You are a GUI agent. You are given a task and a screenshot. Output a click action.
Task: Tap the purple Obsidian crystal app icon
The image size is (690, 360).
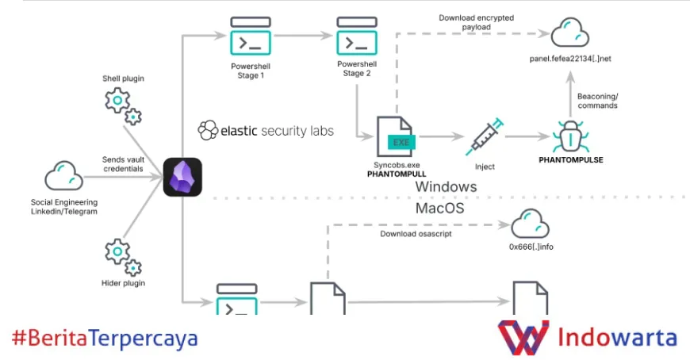coord(182,177)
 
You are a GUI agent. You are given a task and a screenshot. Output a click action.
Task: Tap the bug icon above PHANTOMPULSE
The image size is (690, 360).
coord(570,136)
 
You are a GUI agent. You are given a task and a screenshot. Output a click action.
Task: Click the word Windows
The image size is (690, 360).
coord(447,187)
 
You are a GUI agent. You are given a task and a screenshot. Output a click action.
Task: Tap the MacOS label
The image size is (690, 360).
coord(440,209)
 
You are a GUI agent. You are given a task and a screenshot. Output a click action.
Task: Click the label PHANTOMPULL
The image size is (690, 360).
coord(394,173)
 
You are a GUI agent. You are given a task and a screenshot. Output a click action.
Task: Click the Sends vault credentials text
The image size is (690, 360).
coord(123,164)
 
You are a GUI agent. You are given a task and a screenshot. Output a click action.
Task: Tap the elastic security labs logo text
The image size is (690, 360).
coord(266,130)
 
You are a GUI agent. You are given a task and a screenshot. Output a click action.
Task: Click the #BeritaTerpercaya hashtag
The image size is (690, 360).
coord(105,339)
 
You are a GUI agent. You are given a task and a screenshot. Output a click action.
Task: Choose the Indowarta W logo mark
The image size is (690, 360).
coord(523,338)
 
